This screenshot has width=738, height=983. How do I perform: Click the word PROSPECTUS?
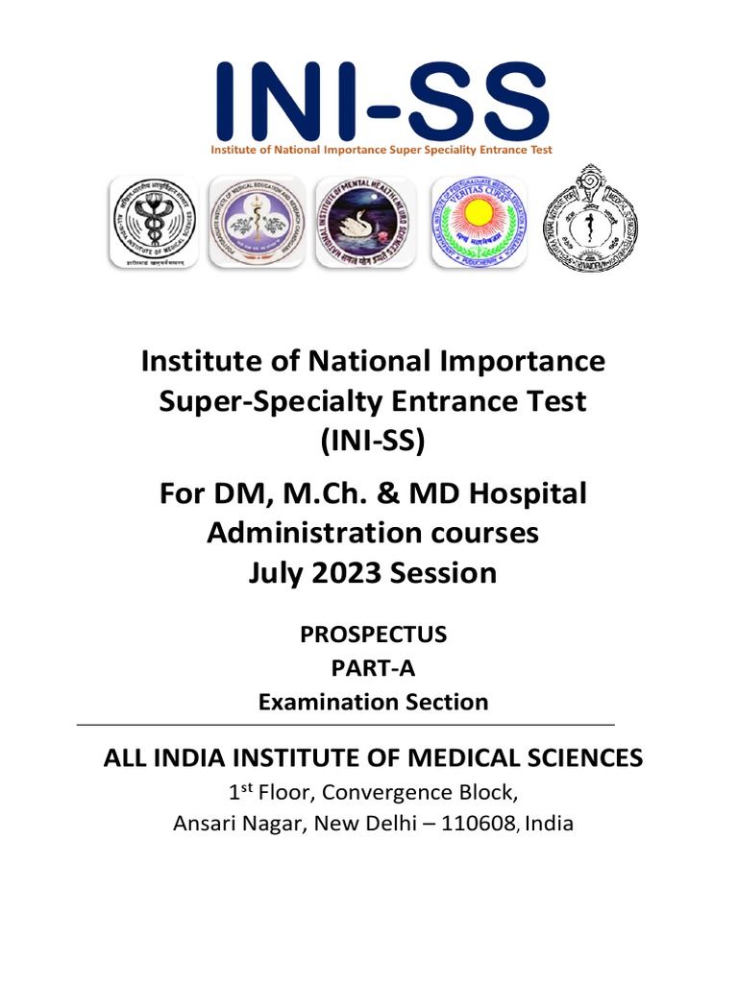click(x=373, y=635)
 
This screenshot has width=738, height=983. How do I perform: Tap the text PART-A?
click(x=373, y=668)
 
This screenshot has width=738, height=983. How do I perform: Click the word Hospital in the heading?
click(x=527, y=494)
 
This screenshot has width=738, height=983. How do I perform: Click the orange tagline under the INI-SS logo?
click(x=381, y=150)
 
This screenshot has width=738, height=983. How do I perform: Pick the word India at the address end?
click(x=551, y=823)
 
